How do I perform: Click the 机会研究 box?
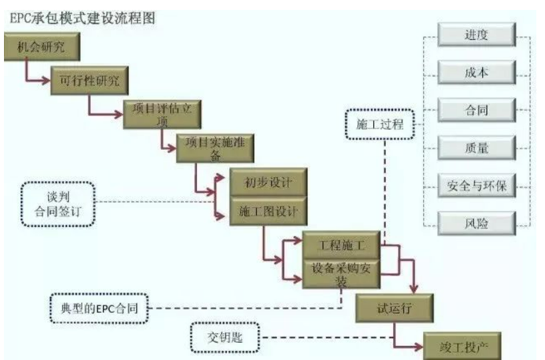42,47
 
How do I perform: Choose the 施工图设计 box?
268,212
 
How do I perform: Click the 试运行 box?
395,307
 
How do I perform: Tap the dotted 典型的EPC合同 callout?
100,308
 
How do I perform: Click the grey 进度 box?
476,35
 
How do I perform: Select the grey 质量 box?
476,148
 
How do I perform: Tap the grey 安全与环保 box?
476,186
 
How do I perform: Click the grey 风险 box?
476,223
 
